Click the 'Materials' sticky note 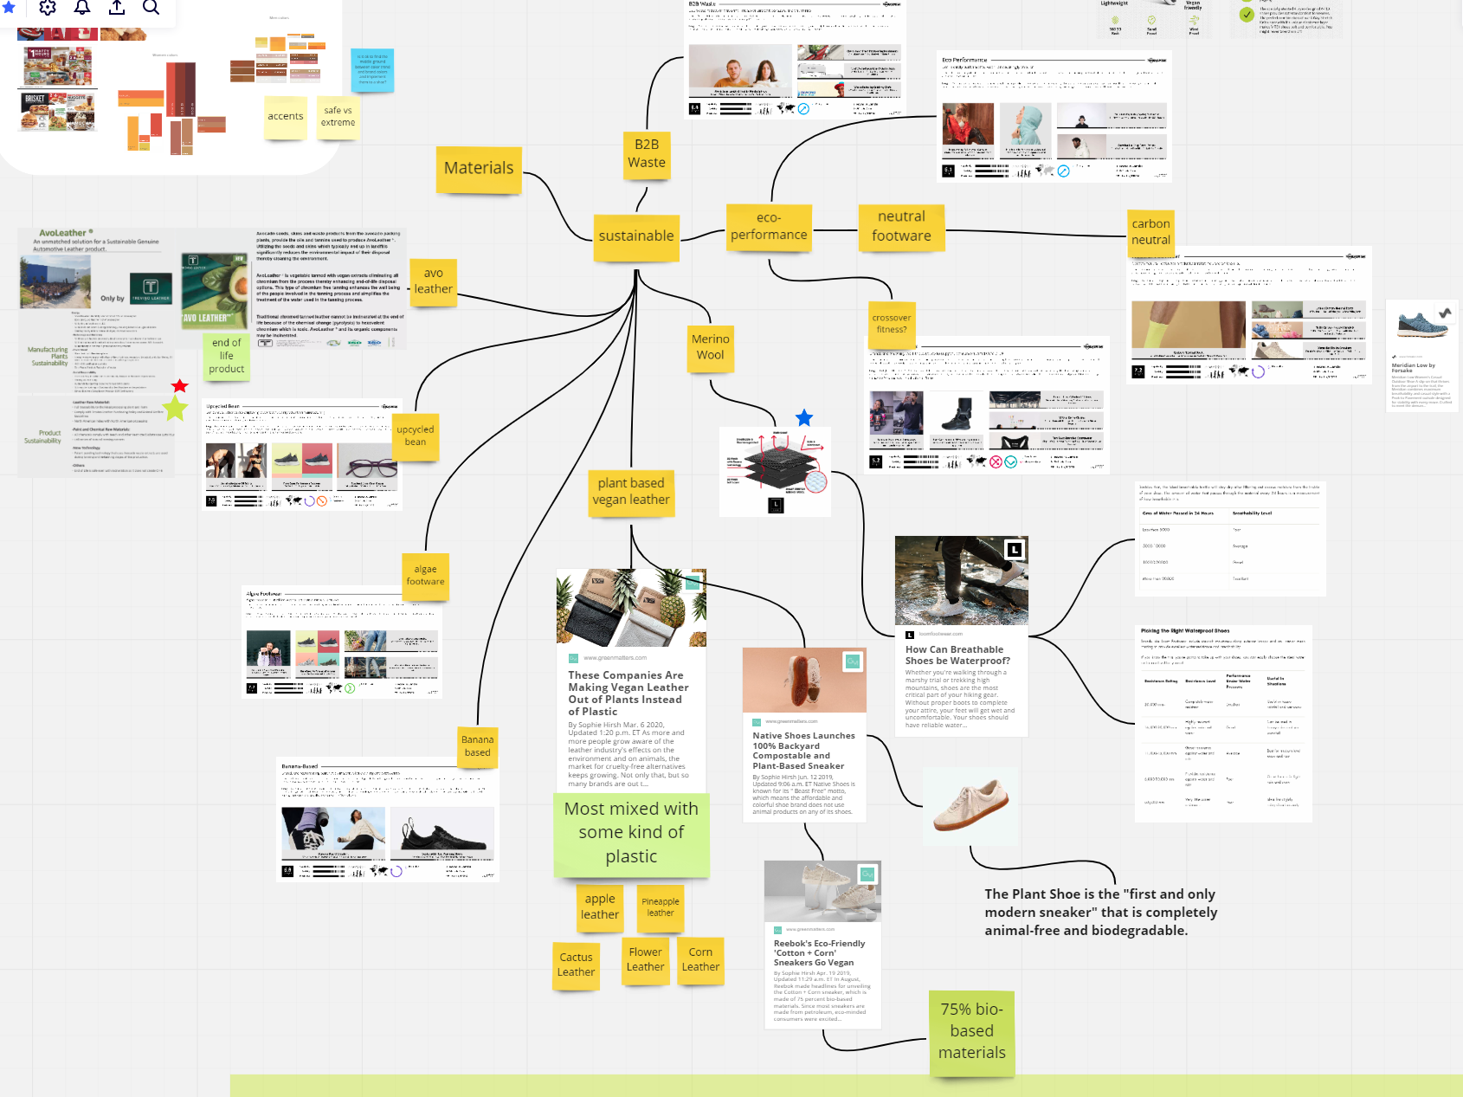[x=479, y=169]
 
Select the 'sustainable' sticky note [x=636, y=236]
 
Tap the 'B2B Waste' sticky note [x=647, y=154]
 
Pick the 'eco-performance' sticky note [x=769, y=227]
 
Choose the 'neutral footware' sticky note [x=901, y=227]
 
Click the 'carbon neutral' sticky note [x=1150, y=232]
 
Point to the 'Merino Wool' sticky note [x=710, y=347]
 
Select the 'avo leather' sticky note [x=433, y=281]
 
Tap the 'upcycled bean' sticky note [x=416, y=436]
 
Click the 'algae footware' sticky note [x=425, y=576]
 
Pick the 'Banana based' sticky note [x=477, y=746]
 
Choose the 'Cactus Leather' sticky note [x=576, y=965]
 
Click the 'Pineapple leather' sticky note [x=660, y=907]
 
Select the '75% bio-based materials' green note [x=971, y=1031]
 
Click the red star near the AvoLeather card [x=179, y=385]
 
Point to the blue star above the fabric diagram [x=804, y=418]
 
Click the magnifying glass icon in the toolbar [x=151, y=8]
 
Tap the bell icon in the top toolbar [x=82, y=8]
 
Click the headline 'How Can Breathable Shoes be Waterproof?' [x=957, y=655]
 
